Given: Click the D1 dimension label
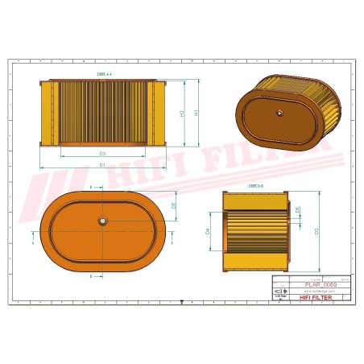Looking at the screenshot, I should pos(102,164).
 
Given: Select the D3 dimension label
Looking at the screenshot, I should pos(102,152).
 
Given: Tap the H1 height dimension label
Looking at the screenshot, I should pos(196,113).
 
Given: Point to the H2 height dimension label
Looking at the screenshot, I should pos(182,113).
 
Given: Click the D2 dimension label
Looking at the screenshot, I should pos(316,231).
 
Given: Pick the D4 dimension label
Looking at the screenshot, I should pos(208,231).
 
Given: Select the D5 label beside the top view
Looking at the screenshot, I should pos(174,205).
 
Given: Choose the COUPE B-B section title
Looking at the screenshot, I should pos(254,185).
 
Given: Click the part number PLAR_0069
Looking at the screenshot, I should pos(321,285).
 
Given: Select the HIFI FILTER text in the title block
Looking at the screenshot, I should pos(321,297).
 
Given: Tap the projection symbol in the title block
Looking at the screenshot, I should pos(279,295).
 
